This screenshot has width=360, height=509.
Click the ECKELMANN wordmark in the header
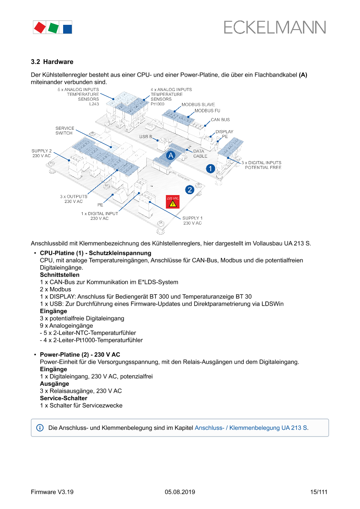coord(275,27)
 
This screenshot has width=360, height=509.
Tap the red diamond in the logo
coord(39,27)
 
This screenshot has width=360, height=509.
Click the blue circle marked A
coord(171,155)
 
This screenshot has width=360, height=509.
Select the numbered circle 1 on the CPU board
coord(210,168)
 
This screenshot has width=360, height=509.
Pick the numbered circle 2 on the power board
coord(189,189)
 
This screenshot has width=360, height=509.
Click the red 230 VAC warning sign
coord(172,202)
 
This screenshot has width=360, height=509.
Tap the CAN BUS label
coord(220,119)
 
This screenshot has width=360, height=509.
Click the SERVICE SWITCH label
coord(64,131)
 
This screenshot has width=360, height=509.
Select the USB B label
coord(145,137)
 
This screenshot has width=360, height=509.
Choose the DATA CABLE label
coord(200,154)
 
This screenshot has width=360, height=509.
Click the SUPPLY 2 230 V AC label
coord(41,153)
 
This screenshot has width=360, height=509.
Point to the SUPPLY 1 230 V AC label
coord(192,220)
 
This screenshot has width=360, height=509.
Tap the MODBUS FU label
coord(207,111)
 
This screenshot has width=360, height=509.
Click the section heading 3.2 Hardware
coord(52,62)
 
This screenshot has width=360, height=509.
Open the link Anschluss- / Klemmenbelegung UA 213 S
coord(251,428)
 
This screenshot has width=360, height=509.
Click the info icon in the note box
coord(40,428)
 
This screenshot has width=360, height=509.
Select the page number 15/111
coord(319,492)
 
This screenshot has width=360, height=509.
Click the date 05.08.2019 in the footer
coord(180,492)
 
